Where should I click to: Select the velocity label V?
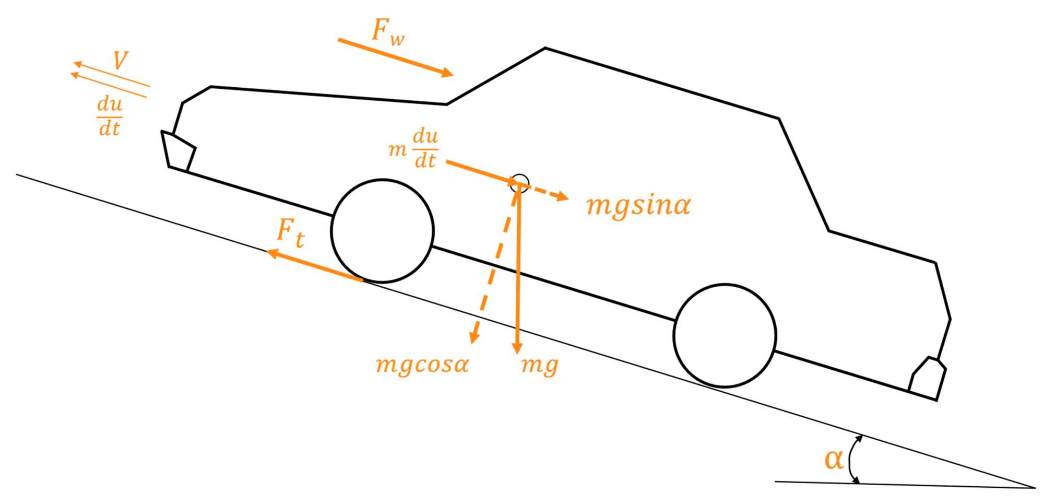[120, 61]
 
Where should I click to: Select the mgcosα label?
[422, 364]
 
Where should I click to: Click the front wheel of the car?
[382, 231]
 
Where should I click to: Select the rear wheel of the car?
[725, 335]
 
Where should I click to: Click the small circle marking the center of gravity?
[520, 182]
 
